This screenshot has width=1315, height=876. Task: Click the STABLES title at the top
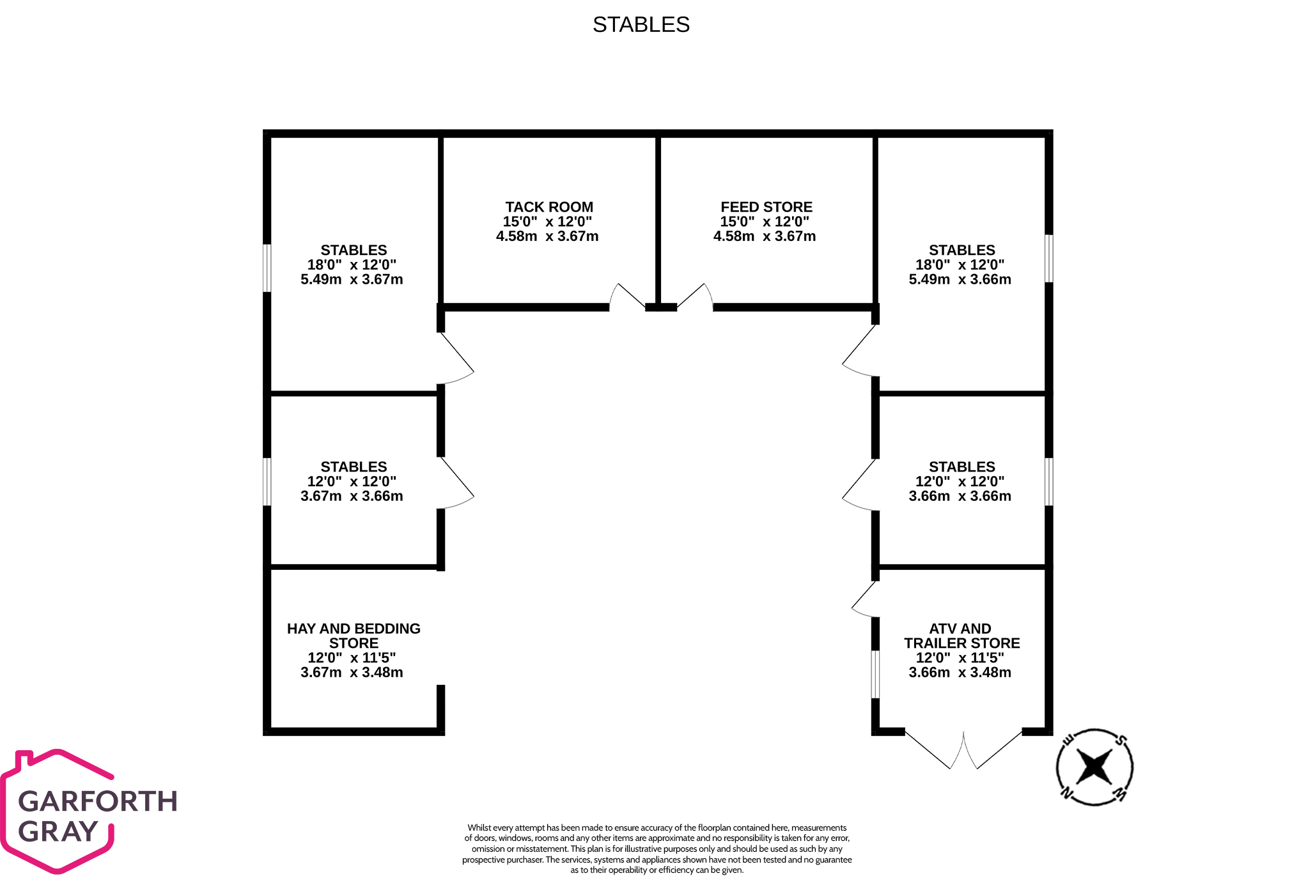pos(641,24)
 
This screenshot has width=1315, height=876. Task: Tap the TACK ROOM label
pos(549,207)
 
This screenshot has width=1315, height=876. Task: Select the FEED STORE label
pos(766,207)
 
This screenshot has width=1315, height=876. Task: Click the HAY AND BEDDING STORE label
pos(354,636)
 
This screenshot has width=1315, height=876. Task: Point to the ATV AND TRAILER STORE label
pos(961,636)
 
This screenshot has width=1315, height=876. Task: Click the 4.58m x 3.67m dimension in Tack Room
pos(547,236)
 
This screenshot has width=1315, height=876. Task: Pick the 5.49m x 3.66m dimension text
pos(960,279)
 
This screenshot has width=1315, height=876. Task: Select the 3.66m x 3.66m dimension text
pos(960,496)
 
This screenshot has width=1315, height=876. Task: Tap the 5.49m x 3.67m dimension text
pos(352,279)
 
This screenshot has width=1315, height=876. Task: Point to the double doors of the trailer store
pos(963,749)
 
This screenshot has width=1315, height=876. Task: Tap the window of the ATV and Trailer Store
pos(875,674)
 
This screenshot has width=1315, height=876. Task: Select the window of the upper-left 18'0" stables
pos(267,268)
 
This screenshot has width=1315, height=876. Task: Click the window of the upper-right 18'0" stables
pos(1048,258)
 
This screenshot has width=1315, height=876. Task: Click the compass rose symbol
pos(1094,767)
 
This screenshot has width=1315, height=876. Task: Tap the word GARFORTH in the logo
pos(98,801)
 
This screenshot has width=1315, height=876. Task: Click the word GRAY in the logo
pos(58,831)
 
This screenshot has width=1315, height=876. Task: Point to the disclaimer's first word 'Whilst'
pos(479,828)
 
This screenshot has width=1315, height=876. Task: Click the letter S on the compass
pos(1121,741)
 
